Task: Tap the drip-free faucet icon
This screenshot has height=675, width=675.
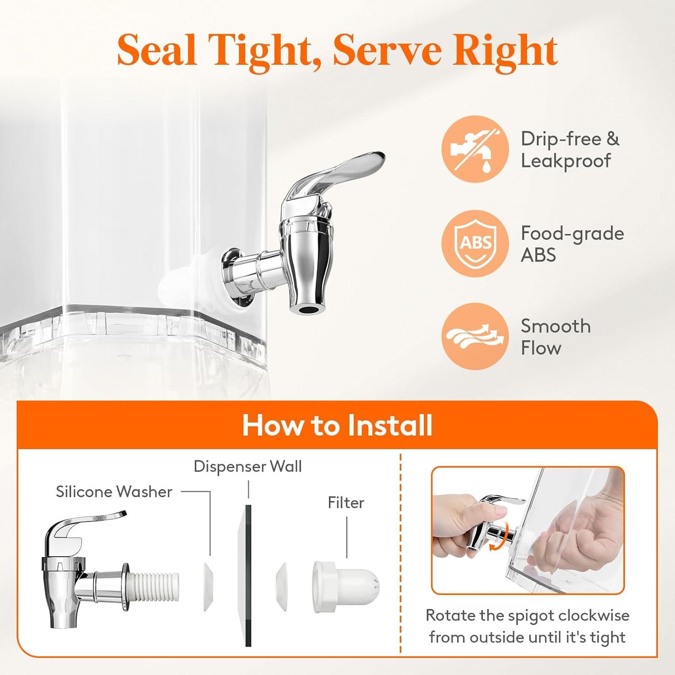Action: [475, 149]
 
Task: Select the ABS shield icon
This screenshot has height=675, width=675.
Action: [475, 243]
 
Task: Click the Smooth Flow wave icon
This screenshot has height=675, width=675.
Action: [475, 337]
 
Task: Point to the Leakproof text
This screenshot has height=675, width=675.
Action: [566, 161]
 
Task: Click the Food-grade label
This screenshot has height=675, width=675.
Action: [572, 234]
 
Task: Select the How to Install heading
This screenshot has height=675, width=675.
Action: [337, 425]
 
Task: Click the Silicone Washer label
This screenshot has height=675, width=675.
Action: [114, 491]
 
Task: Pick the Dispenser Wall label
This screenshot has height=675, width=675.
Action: [247, 467]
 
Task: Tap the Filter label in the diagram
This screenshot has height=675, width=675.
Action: [346, 503]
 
